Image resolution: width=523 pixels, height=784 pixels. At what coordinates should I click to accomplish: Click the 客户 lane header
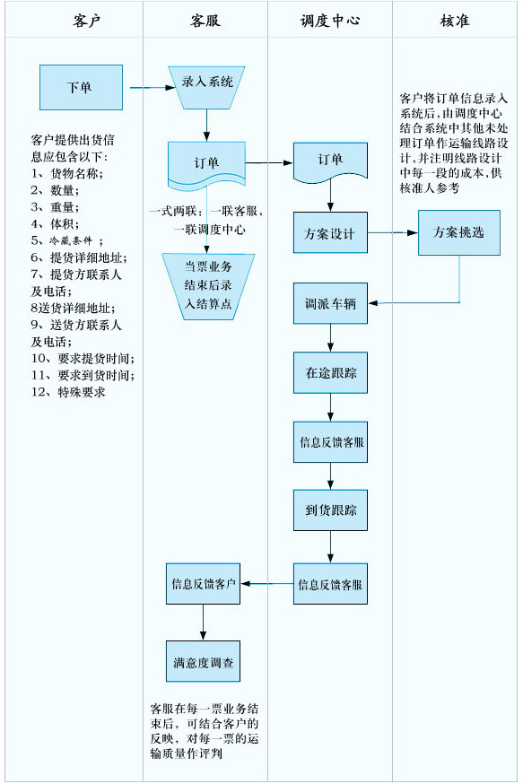tap(86, 21)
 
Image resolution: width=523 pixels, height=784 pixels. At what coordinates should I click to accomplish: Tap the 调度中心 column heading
tap(330, 21)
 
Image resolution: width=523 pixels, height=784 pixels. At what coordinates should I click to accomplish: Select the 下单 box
tap(81, 88)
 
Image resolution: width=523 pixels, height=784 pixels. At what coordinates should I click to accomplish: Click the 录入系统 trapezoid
tap(206, 88)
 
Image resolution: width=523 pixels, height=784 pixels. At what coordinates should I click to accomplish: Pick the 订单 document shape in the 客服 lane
tap(206, 164)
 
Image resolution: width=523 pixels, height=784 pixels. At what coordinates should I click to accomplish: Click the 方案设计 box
tap(330, 232)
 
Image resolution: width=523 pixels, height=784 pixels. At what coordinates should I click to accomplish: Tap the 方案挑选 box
tap(459, 232)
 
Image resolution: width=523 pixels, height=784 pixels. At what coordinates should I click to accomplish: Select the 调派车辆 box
tap(330, 303)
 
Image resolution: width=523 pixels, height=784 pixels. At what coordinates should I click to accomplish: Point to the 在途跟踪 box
tap(330, 372)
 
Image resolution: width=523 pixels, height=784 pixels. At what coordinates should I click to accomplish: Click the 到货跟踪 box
tap(330, 510)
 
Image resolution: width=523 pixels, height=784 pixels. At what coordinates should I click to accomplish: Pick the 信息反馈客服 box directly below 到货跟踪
tap(330, 584)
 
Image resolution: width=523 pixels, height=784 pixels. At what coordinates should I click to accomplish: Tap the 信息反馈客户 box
tap(203, 584)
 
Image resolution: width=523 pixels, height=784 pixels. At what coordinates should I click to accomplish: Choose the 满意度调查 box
tap(203, 661)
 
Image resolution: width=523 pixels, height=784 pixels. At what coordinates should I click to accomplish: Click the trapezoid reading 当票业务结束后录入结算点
tap(208, 286)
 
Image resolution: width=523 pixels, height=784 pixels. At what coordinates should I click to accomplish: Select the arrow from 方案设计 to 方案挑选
tap(393, 232)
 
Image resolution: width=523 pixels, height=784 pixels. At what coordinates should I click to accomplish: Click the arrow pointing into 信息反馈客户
tap(267, 583)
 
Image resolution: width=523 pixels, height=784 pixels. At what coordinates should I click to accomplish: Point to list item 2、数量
tap(55, 190)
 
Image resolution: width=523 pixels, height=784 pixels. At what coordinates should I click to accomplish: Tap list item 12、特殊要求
tap(68, 392)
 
